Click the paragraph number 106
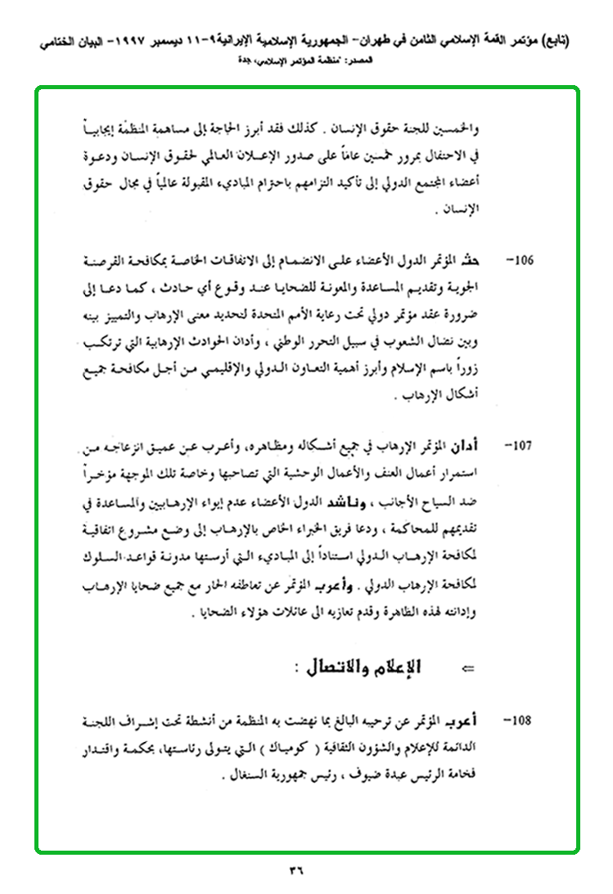pos(521,263)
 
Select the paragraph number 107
pos(521,447)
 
